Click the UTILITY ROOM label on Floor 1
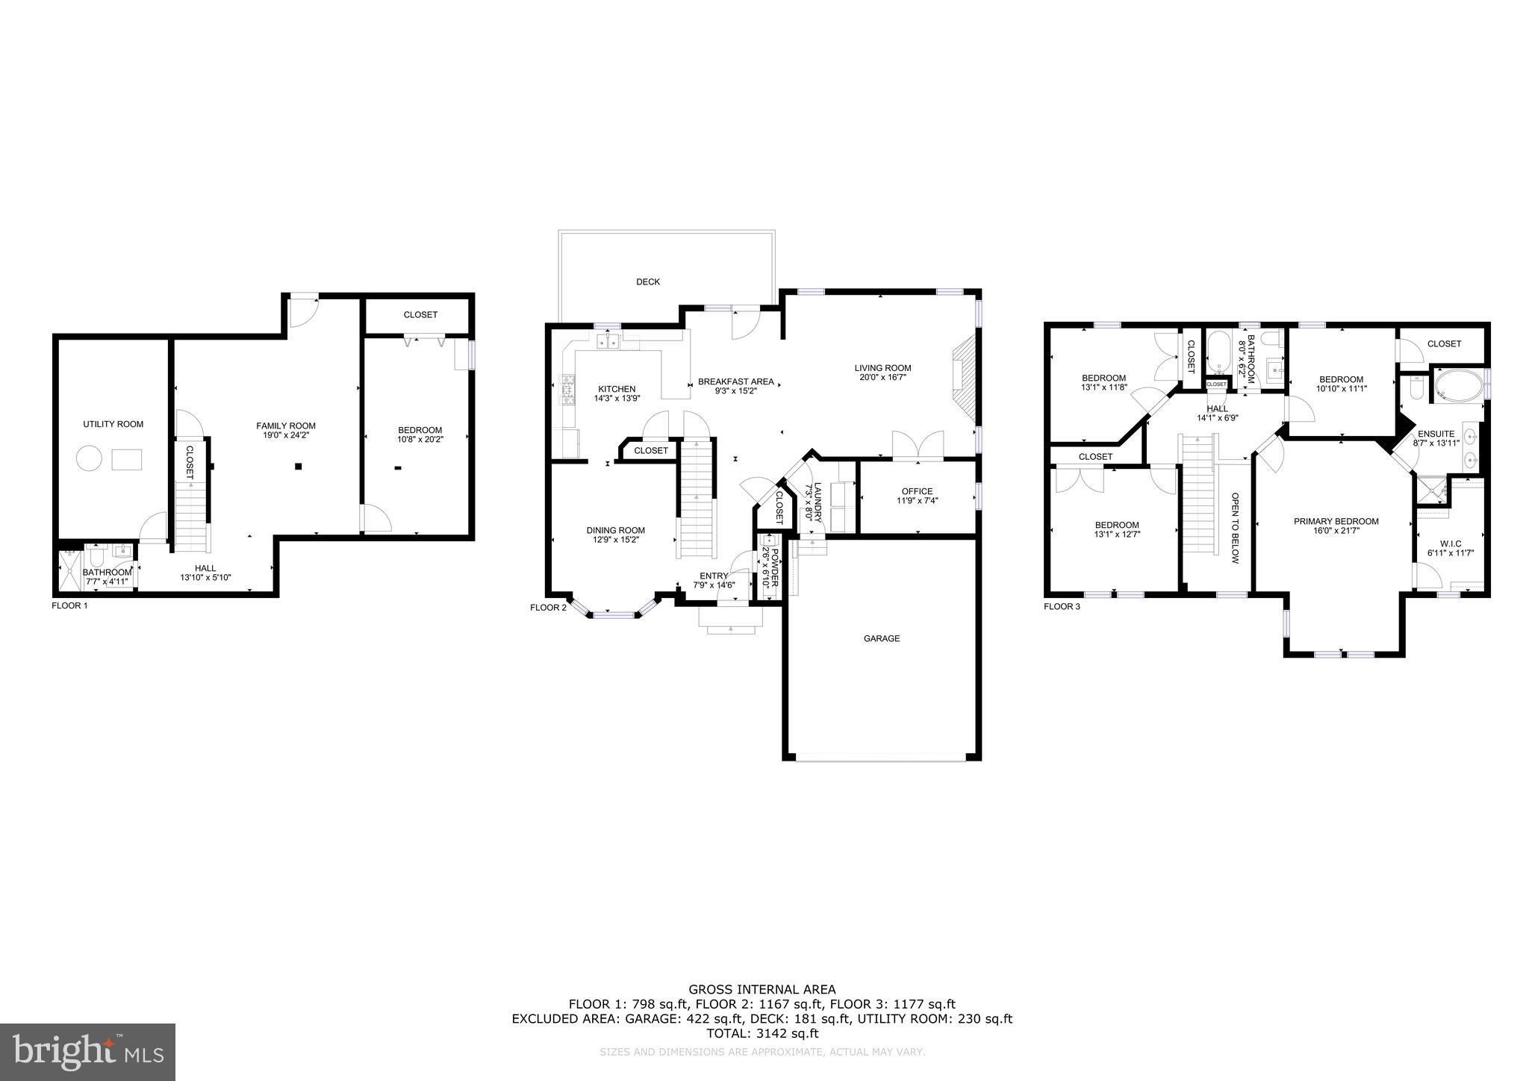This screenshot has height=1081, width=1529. pos(113,424)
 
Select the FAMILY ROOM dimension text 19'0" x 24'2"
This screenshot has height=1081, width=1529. pos(286,435)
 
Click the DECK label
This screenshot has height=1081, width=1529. pos(647,281)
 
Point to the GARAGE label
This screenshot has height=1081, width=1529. pos(881,638)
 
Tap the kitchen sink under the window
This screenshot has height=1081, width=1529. pos(608,341)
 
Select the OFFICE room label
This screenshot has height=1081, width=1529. pos(917,491)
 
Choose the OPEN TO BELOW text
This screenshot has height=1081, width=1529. pos(1235,528)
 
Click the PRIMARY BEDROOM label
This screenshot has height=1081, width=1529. pos(1336,521)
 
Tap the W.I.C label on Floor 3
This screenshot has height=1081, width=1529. pos(1451,543)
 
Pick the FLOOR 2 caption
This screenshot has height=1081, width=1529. pos(548,607)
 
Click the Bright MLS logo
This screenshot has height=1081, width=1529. pos(88,1053)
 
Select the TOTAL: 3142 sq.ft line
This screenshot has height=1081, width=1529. pos(762,1034)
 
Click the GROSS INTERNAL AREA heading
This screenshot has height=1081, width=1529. pos(762,990)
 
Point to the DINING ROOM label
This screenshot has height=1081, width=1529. pos(615,530)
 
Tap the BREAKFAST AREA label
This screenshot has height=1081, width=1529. pos(735,381)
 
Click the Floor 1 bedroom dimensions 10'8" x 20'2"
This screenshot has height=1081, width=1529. pos(420,440)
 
